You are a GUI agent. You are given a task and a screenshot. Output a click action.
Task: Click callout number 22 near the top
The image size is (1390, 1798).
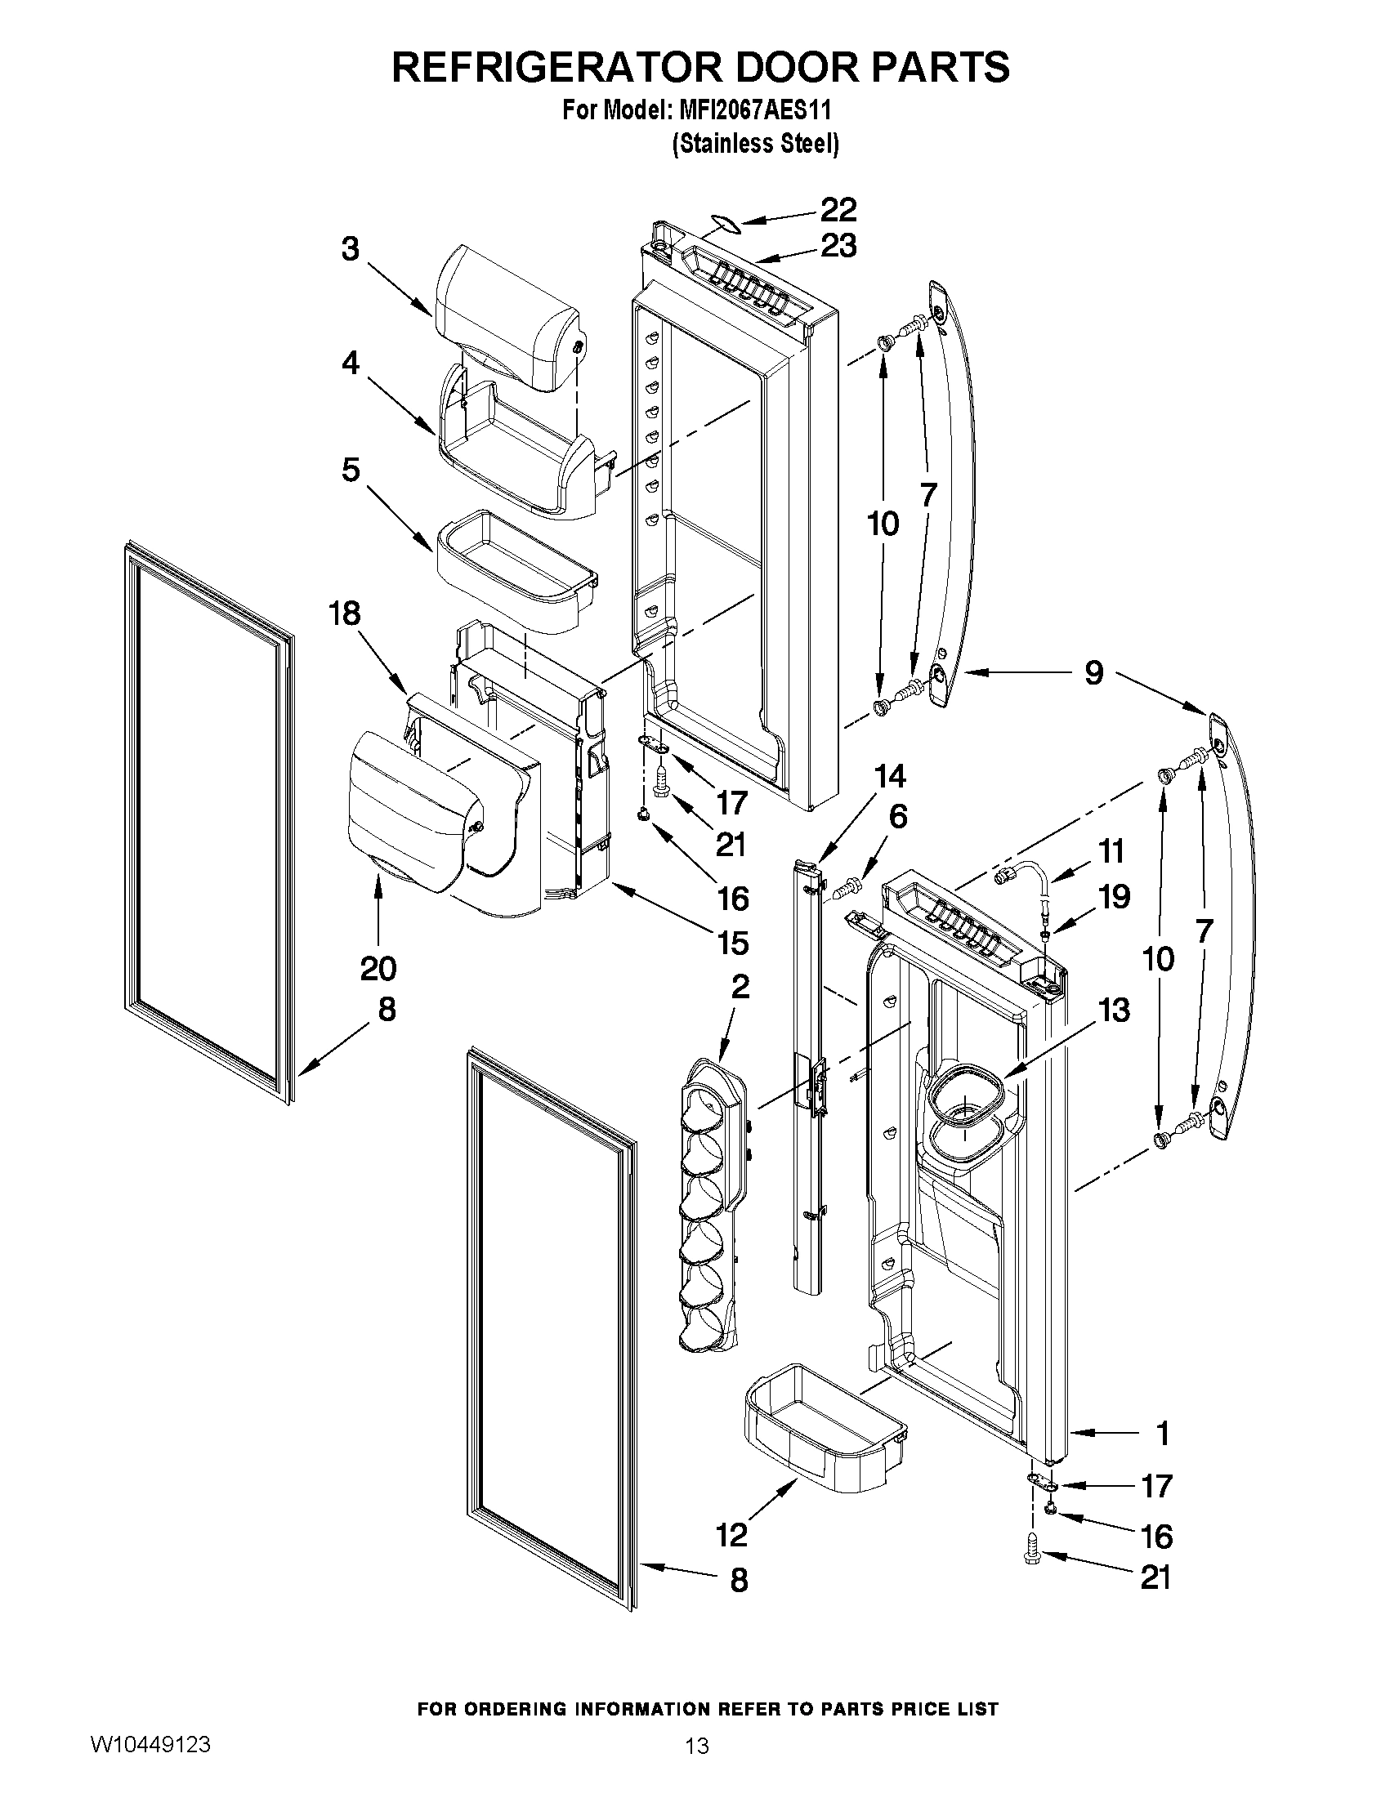pyautogui.click(x=838, y=210)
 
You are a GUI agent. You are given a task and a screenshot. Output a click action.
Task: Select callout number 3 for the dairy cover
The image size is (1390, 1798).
pyautogui.click(x=351, y=248)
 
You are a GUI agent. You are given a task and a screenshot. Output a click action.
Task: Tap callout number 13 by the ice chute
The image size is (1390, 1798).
pyautogui.click(x=1114, y=1010)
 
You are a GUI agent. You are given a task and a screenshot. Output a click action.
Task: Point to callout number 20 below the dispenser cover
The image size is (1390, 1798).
pyautogui.click(x=378, y=968)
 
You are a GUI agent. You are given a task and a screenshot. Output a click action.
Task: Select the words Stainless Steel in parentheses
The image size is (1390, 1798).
pyautogui.click(x=755, y=144)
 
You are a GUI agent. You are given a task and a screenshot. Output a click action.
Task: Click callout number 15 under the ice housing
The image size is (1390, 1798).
pyautogui.click(x=733, y=943)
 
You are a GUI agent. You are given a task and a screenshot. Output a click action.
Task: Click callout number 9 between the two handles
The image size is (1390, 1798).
pyautogui.click(x=1093, y=672)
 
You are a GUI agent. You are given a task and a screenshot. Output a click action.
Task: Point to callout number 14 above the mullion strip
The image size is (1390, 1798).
pyautogui.click(x=889, y=776)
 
